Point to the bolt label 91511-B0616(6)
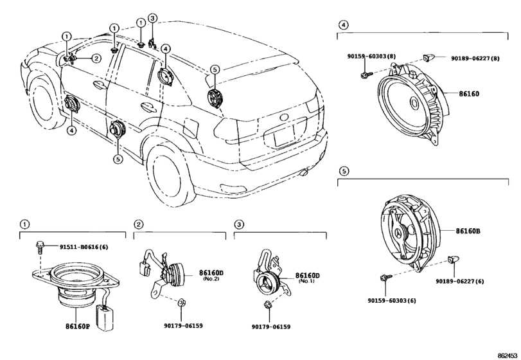(x=84, y=247)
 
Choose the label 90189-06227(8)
(x=472, y=59)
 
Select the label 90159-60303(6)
(x=391, y=300)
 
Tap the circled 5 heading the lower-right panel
(x=344, y=171)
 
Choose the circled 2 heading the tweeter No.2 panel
(x=137, y=224)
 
